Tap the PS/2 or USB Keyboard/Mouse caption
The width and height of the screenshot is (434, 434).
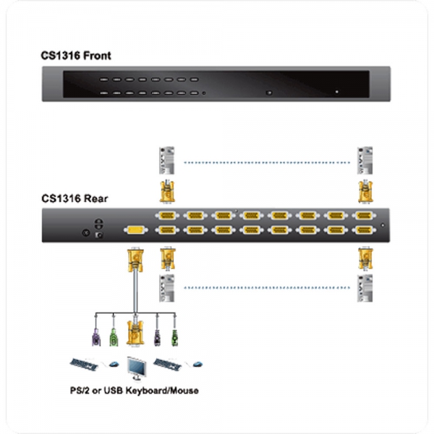(135, 391)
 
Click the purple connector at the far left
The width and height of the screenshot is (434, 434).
(95, 336)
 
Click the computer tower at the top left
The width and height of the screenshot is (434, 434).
(166, 160)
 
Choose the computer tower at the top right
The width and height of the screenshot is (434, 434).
(365, 160)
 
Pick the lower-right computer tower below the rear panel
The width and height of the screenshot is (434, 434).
(365, 287)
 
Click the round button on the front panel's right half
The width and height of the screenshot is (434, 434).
(269, 93)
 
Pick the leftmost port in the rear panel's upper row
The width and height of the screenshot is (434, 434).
(165, 216)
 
